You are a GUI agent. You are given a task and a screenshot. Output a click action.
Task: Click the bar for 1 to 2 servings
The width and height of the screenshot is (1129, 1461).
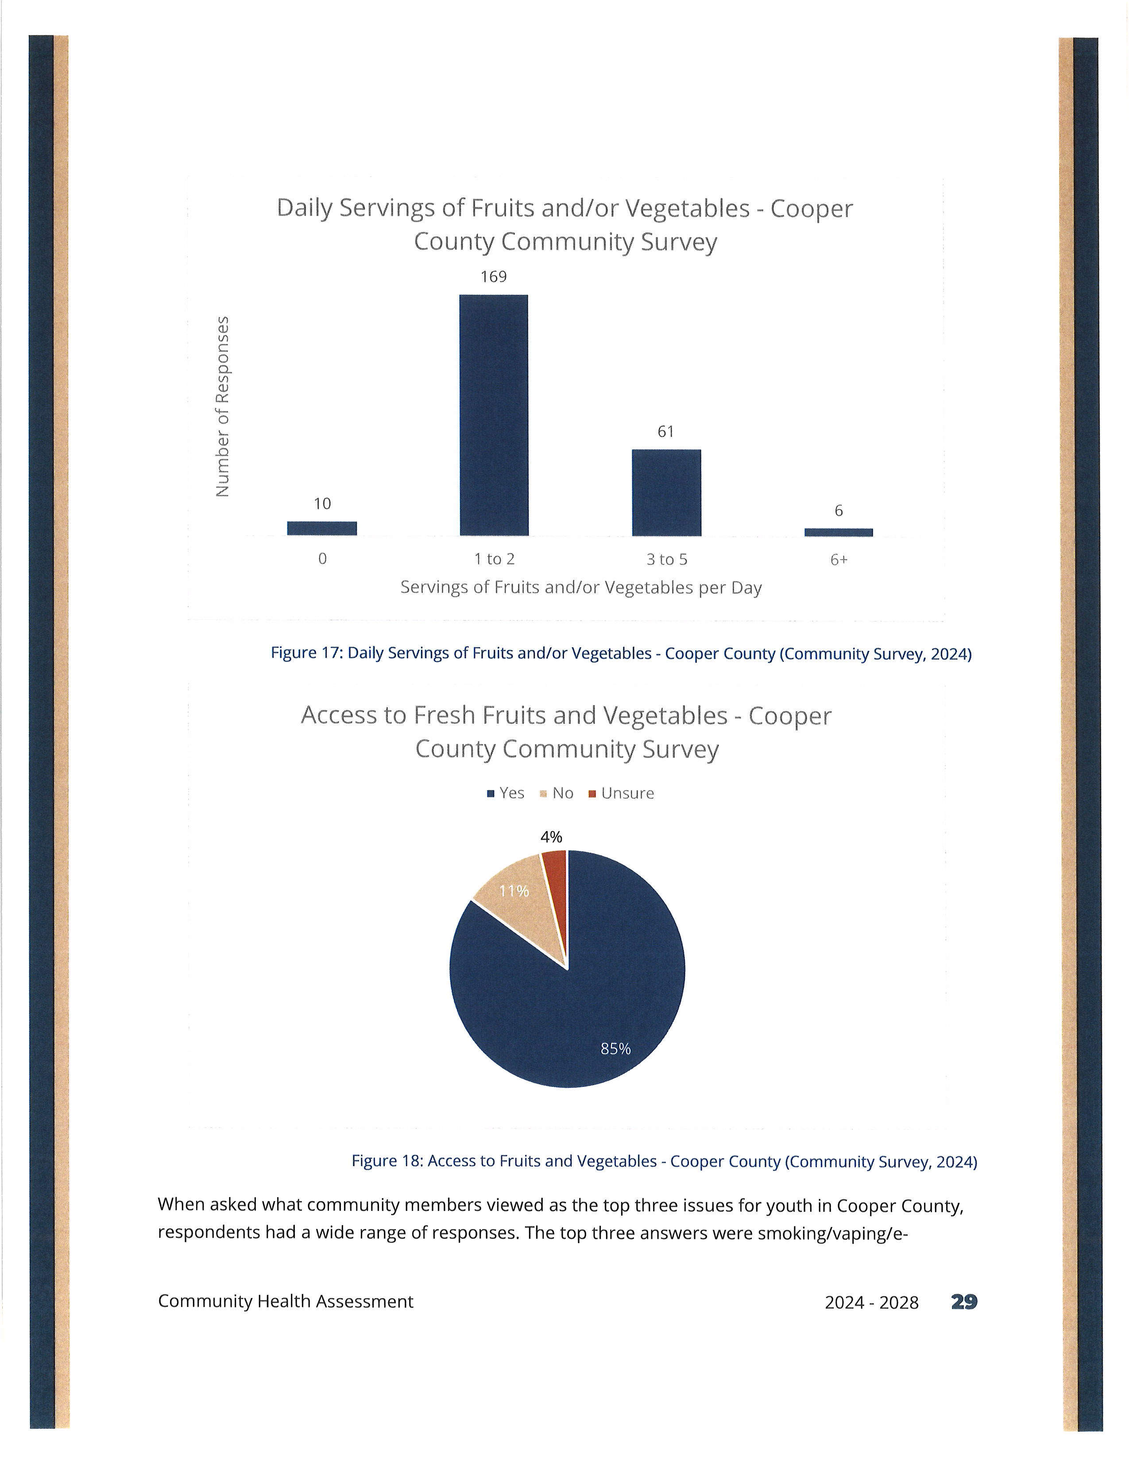pyautogui.click(x=494, y=415)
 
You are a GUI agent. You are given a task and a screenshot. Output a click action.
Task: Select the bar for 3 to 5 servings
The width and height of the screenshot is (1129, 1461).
pyautogui.click(x=666, y=492)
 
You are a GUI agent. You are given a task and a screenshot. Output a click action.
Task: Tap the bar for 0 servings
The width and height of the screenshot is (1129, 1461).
pyautogui.click(x=322, y=529)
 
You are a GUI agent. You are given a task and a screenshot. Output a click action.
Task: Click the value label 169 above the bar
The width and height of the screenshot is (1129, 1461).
pyautogui.click(x=494, y=276)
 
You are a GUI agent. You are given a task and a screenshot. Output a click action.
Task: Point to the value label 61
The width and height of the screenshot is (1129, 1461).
pyautogui.click(x=665, y=432)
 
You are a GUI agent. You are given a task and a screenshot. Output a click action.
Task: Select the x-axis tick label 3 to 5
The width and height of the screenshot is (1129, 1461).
pyautogui.click(x=666, y=559)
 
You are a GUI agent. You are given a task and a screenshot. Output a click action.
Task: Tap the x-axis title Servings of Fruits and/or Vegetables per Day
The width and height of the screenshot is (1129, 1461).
pyautogui.click(x=580, y=587)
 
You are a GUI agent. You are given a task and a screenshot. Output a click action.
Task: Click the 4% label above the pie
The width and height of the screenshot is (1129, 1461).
pyautogui.click(x=551, y=837)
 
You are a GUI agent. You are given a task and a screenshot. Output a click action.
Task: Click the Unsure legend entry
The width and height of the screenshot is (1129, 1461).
pyautogui.click(x=621, y=793)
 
